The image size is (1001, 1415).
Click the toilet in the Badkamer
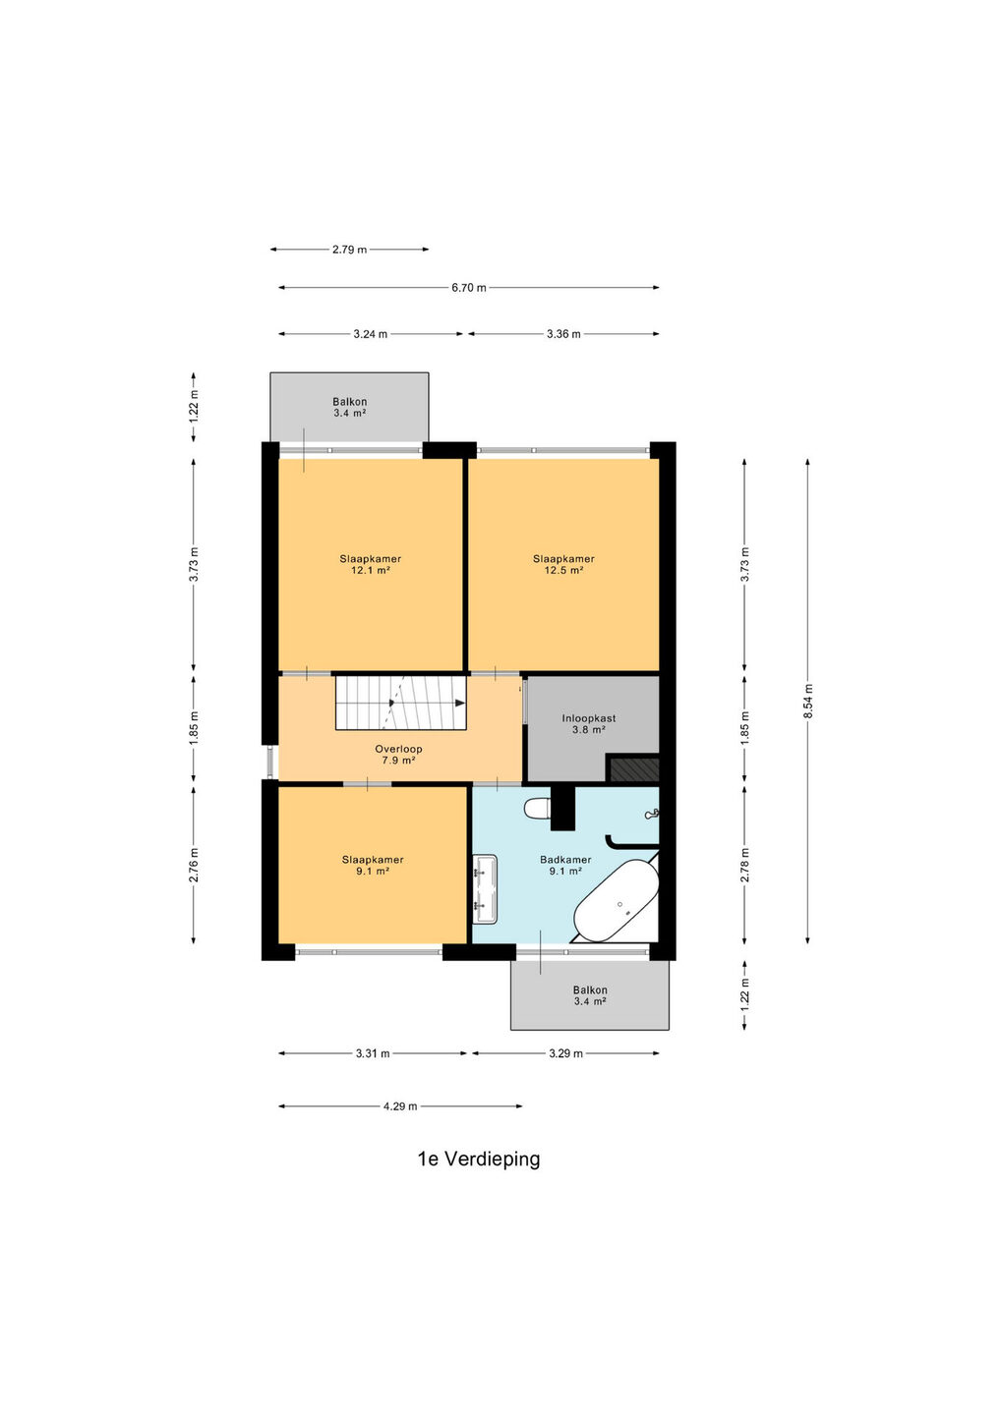538,808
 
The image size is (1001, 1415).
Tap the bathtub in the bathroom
617,901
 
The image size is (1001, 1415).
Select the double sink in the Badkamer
485,887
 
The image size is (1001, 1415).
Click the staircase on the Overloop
400,703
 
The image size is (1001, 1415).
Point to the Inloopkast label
588,718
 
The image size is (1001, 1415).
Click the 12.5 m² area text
563,570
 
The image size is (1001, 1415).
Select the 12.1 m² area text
371,570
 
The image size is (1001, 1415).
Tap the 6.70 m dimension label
469,288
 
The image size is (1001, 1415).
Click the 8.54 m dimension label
807,702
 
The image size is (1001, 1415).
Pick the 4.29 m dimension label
400,1106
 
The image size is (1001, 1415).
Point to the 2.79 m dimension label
349,250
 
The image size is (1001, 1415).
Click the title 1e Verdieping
479,1160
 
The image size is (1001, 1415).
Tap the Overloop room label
398,749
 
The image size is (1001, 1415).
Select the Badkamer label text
565,860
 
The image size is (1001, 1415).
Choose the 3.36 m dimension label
563,334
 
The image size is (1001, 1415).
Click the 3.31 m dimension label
373,1053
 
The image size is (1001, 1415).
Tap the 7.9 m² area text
398,761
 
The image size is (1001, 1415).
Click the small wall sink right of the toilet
652,815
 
